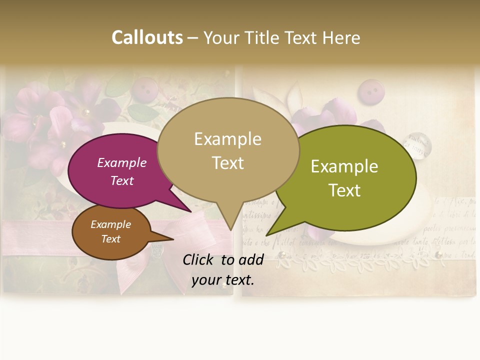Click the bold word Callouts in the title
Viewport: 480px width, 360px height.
click(x=147, y=37)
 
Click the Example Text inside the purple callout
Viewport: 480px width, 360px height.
click(x=121, y=171)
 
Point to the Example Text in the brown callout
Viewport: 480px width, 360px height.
click(x=110, y=231)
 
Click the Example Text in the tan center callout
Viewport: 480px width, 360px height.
click(x=227, y=150)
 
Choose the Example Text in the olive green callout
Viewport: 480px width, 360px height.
click(x=344, y=178)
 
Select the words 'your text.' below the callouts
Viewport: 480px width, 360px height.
click(x=223, y=280)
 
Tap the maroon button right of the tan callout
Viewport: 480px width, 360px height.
click(x=369, y=91)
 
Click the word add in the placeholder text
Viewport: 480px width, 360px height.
click(x=251, y=259)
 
